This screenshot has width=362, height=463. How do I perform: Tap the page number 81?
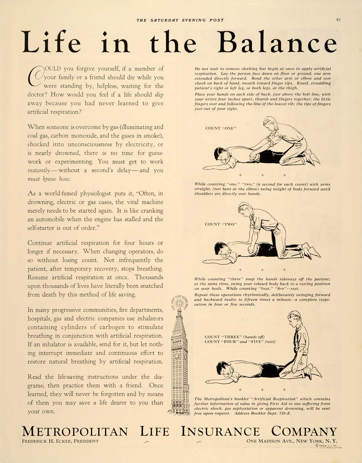point(338,20)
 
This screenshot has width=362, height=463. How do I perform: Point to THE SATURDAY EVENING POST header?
point(180,20)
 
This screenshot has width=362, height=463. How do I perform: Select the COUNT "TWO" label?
point(220,224)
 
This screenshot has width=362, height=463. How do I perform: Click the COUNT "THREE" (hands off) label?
point(234,337)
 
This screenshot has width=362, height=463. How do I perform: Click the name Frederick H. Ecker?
point(60,441)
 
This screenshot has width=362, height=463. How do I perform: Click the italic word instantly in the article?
point(38,170)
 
